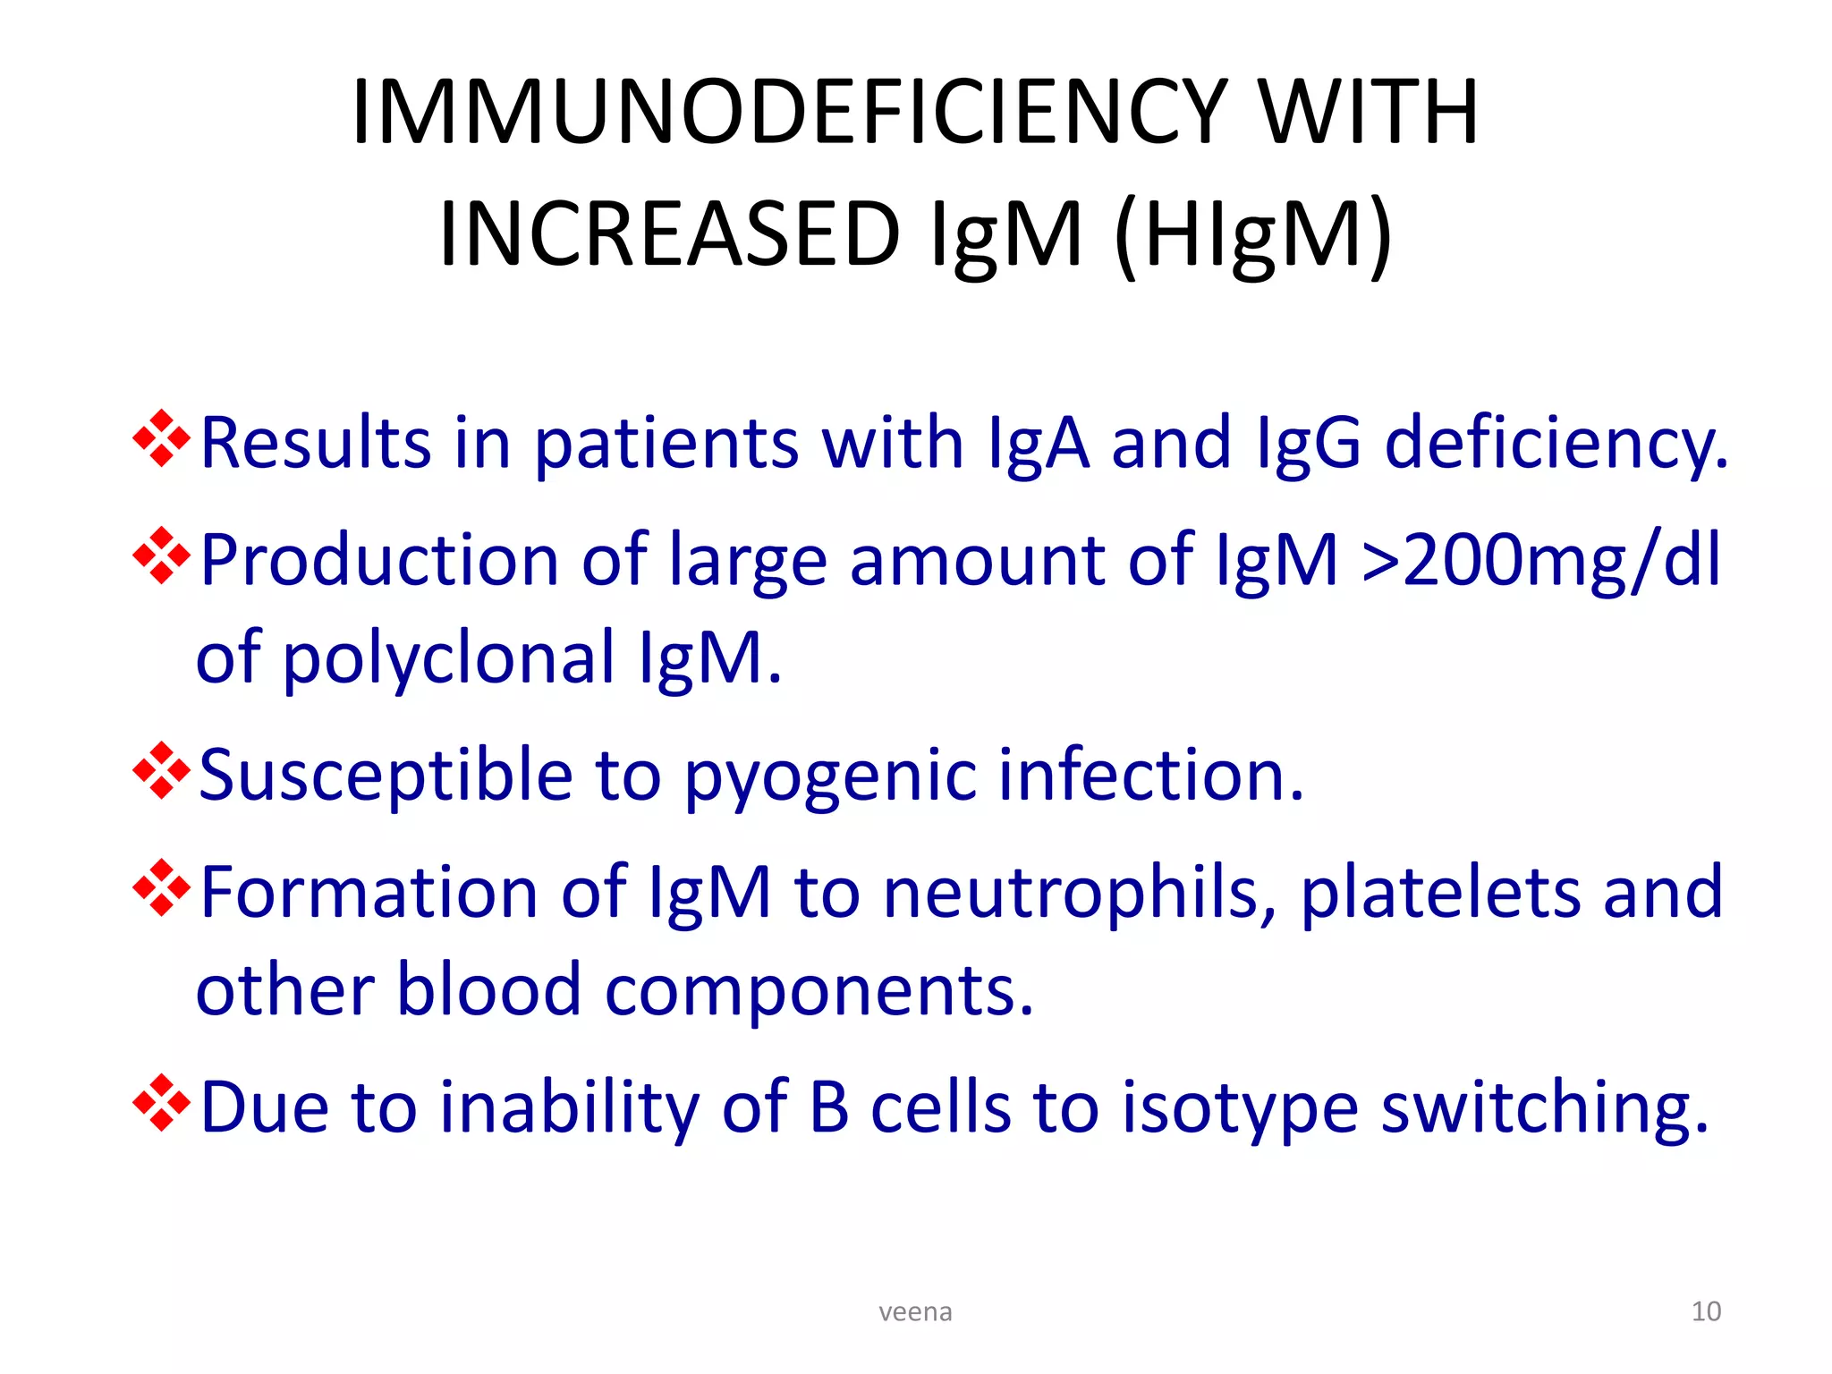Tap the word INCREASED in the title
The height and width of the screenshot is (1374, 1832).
tap(669, 234)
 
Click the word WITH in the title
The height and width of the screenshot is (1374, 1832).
tap(1368, 112)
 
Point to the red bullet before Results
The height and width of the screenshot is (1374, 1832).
tap(161, 439)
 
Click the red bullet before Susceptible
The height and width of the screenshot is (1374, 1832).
tap(161, 771)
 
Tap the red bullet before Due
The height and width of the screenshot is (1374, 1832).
tap(161, 1103)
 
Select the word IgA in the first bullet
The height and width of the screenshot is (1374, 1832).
tap(1039, 443)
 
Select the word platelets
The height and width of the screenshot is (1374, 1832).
tap(1440, 893)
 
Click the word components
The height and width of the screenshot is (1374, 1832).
tap(818, 991)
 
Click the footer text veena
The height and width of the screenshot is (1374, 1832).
tap(915, 1311)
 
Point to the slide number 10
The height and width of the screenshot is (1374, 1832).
tap(1706, 1311)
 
